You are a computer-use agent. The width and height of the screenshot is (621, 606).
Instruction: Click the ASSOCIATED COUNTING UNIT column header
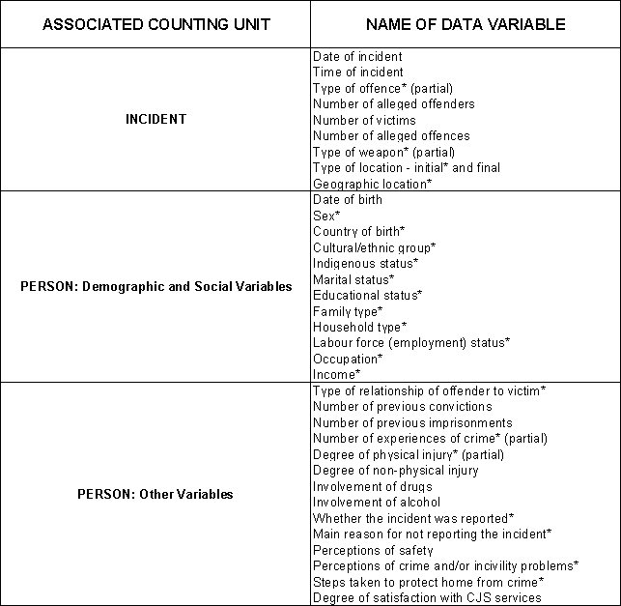tap(155, 23)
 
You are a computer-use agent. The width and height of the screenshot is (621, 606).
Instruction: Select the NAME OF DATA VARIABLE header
tap(466, 23)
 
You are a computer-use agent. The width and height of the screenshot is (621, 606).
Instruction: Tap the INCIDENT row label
tap(155, 119)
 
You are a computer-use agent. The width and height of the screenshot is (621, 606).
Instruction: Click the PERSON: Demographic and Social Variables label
tap(155, 286)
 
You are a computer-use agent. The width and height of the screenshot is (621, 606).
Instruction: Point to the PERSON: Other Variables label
tap(155, 494)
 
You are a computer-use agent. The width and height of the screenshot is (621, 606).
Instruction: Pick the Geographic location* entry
tap(372, 184)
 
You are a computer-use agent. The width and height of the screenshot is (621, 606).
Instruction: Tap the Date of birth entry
tap(348, 199)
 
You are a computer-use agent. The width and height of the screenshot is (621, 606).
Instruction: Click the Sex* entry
tap(326, 216)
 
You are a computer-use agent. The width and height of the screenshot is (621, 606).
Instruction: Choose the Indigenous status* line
tap(365, 263)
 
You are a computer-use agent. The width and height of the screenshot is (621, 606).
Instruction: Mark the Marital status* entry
tap(353, 279)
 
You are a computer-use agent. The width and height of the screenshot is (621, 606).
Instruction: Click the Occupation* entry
tap(347, 359)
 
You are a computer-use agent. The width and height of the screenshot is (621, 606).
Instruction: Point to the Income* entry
tap(336, 374)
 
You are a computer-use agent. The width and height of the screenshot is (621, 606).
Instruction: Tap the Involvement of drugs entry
tap(373, 486)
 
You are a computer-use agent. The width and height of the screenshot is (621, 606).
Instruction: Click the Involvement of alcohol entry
tap(377, 502)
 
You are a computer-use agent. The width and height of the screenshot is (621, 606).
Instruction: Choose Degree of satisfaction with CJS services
tap(427, 597)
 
